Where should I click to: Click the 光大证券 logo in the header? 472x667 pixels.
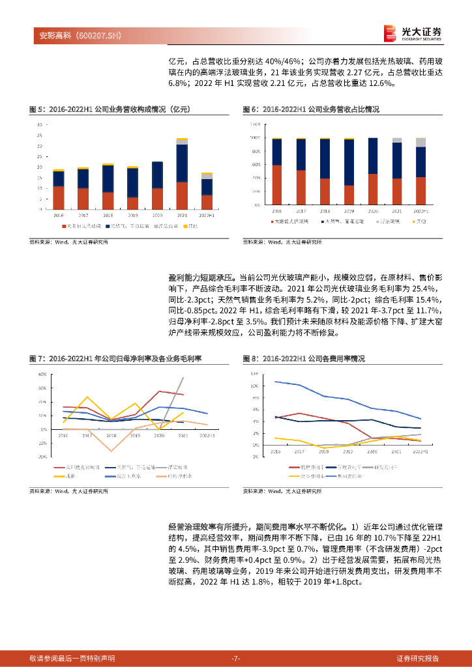(413, 32)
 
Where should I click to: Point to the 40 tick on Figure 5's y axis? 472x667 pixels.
(40, 124)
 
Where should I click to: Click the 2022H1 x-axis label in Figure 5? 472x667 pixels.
(207, 214)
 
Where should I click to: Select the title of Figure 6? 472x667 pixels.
(311, 109)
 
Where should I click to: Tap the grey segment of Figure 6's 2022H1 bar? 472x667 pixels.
(420, 142)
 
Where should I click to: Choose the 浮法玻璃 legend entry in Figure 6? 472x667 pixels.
(368, 223)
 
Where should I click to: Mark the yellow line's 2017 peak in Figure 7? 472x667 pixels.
(87, 397)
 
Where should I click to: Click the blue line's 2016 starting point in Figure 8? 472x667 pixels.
(275, 382)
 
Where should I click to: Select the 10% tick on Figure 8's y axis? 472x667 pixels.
(254, 386)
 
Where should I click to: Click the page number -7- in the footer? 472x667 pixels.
(236, 659)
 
